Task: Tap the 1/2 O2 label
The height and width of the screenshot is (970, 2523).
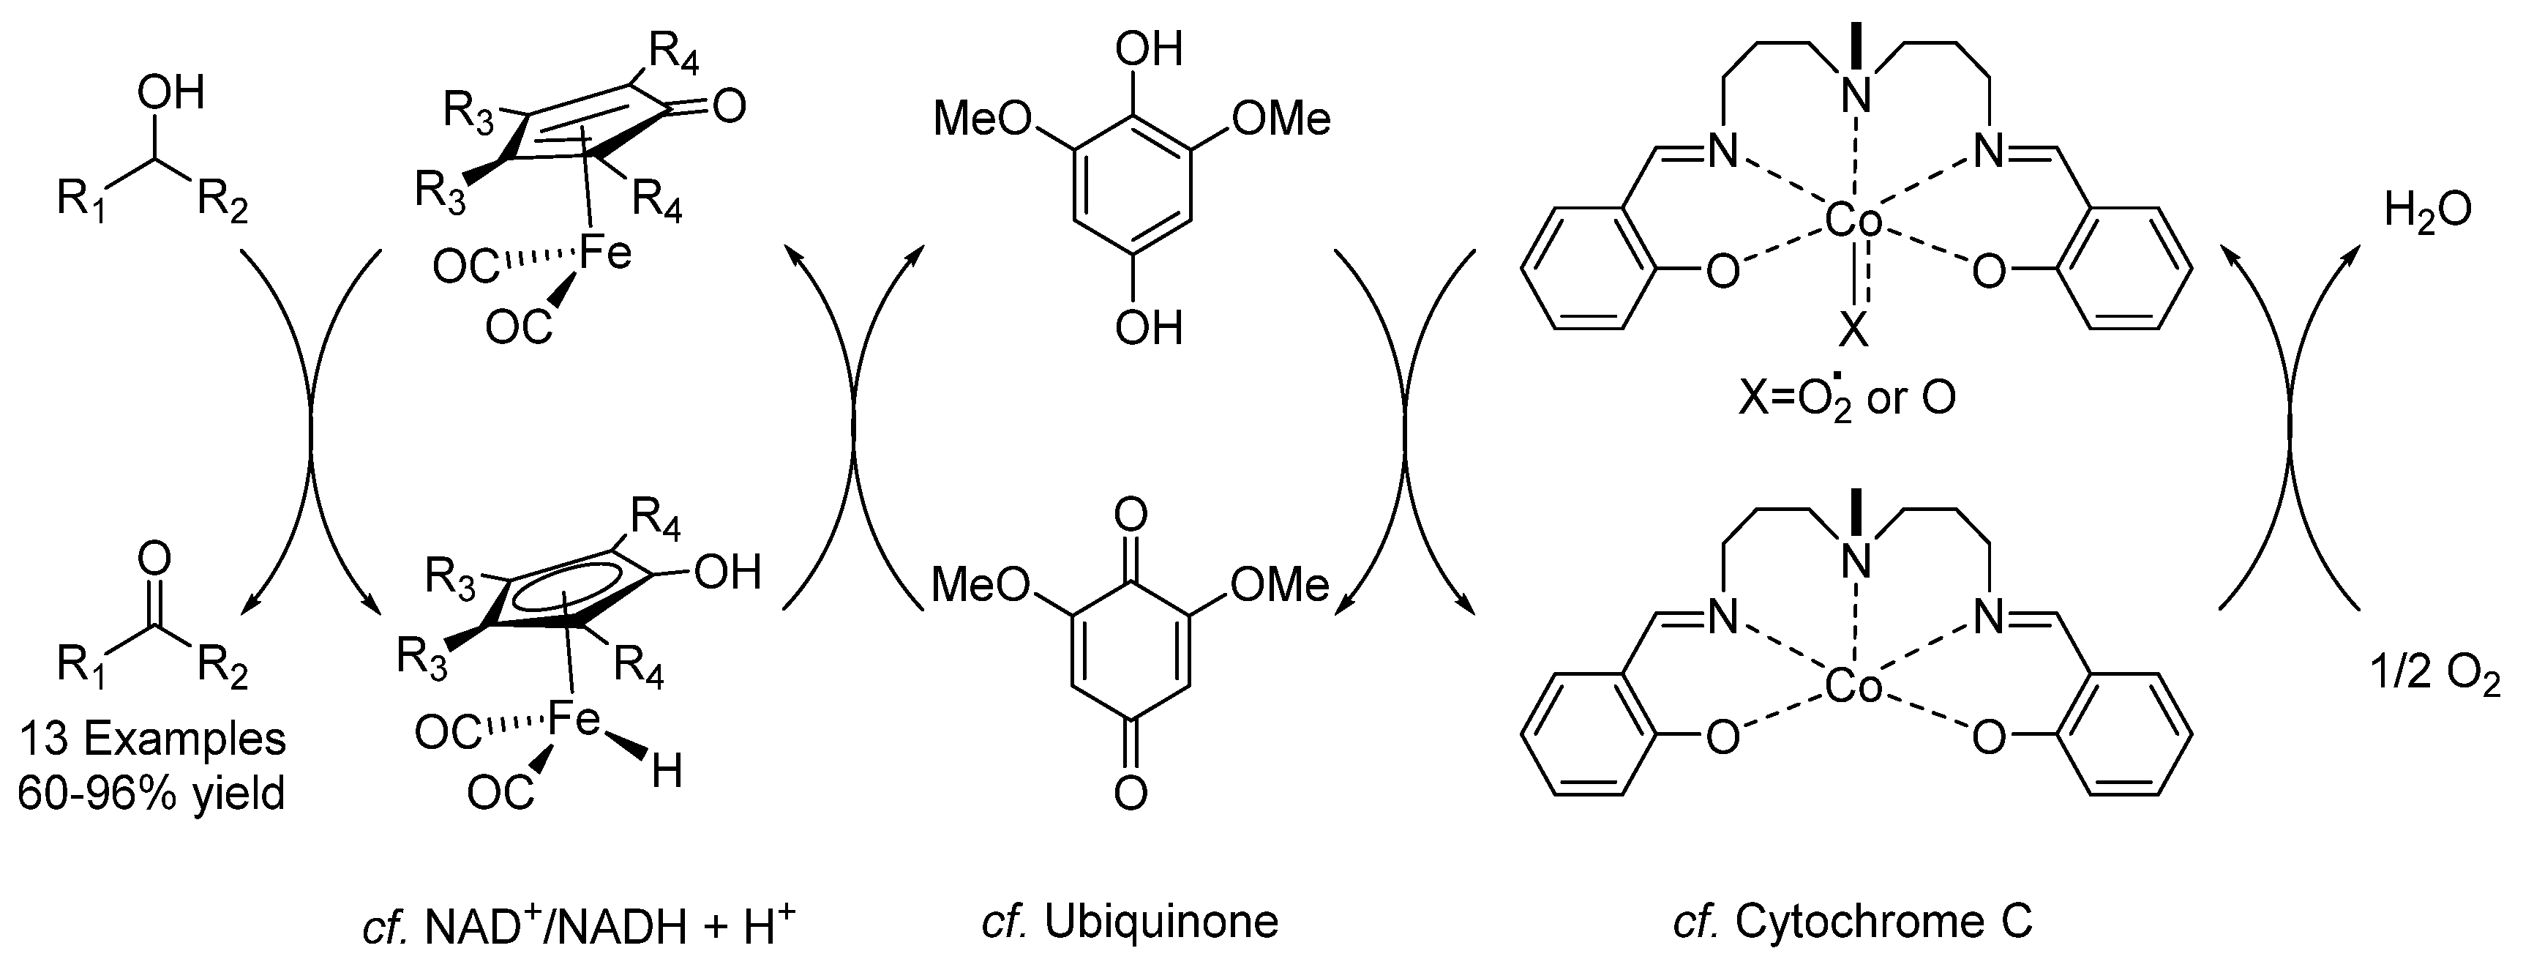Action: tap(2435, 676)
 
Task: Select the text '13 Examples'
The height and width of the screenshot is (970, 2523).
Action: tap(151, 739)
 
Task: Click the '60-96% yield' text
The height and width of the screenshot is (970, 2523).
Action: tap(151, 793)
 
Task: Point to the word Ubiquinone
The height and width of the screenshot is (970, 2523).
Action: tap(1161, 921)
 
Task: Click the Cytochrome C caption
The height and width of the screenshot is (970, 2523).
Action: tap(1883, 921)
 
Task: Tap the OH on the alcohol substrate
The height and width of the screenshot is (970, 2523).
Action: tap(170, 93)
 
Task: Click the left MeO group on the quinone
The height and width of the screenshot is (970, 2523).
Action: tap(981, 585)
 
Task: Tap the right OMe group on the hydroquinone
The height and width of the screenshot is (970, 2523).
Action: tap(1281, 119)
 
